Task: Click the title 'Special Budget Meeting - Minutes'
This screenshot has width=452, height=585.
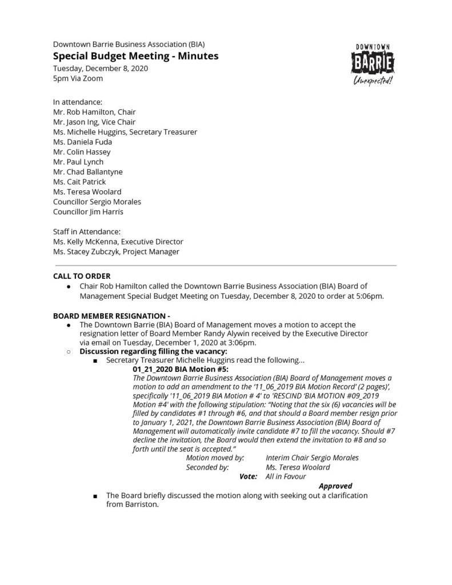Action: click(135, 56)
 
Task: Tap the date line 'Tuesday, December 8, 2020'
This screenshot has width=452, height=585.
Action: click(101, 69)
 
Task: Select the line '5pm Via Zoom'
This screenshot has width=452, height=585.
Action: click(78, 78)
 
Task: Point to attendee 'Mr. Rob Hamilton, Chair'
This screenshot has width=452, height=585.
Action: click(94, 112)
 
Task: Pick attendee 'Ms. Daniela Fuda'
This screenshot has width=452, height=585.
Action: click(82, 142)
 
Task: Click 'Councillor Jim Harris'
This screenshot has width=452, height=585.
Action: click(88, 211)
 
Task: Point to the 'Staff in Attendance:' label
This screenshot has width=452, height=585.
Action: click(87, 231)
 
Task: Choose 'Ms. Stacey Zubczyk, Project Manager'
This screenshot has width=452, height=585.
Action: click(116, 251)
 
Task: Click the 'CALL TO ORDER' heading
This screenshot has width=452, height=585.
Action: click(82, 276)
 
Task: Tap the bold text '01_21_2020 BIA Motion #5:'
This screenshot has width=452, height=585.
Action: click(180, 370)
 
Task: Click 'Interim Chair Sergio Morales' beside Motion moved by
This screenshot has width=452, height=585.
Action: click(313, 458)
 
